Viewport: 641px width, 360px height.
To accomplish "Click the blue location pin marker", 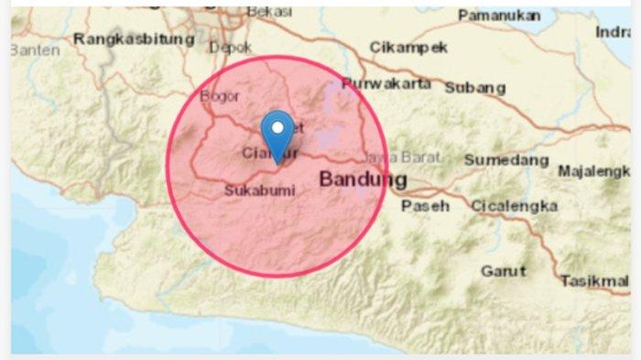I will tap(277, 133).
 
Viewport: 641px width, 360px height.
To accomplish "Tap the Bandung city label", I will tap(363, 180).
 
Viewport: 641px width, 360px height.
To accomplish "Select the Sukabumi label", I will tap(259, 191).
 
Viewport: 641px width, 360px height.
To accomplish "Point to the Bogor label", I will tap(218, 96).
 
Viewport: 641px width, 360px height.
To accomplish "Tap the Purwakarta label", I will tap(386, 84).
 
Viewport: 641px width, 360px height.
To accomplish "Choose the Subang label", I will tap(474, 88).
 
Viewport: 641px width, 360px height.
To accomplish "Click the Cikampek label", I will tap(408, 48).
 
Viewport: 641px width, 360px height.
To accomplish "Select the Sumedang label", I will tap(505, 159).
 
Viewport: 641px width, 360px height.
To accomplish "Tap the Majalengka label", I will tap(594, 171).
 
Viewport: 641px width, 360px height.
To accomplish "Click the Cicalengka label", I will tap(514, 206).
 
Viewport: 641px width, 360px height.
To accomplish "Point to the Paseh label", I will tap(426, 206).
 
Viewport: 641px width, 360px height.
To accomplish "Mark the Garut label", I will tap(503, 271).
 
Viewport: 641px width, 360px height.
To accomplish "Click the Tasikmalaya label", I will tap(595, 280).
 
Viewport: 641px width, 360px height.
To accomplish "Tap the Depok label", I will tap(231, 47).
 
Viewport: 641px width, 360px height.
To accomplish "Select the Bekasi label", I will tap(269, 12).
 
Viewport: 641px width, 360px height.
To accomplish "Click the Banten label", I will tap(35, 49).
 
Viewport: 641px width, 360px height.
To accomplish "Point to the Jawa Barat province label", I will tap(401, 157).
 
